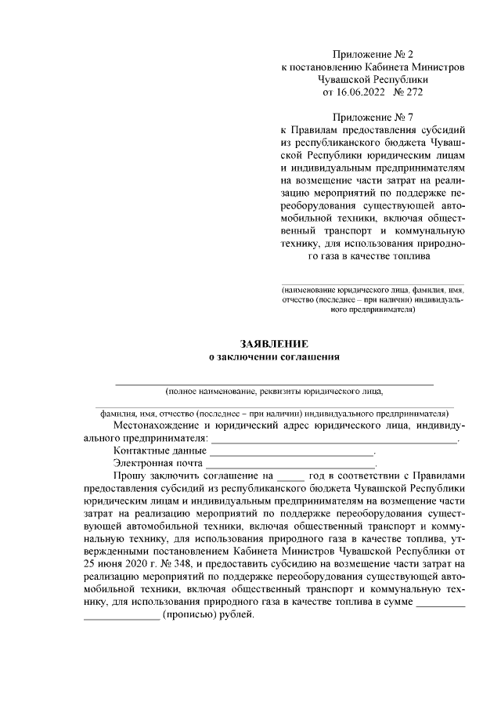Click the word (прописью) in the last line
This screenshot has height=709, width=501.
pyautogui.click(x=190, y=616)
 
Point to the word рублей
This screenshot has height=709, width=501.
pyautogui.click(x=238, y=616)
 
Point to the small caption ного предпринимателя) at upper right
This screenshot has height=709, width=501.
pyautogui.click(x=373, y=309)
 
